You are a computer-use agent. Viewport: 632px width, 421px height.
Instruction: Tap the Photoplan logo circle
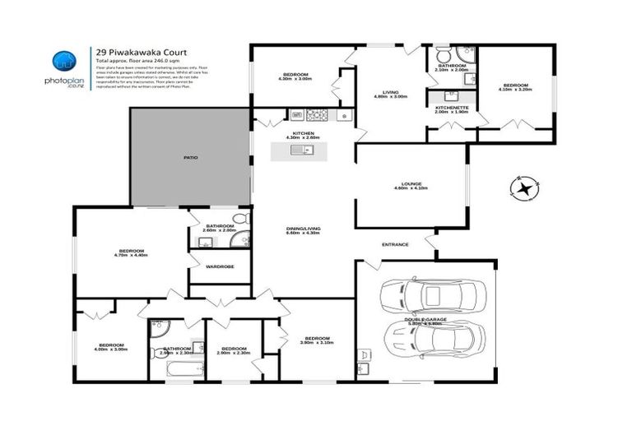(63, 60)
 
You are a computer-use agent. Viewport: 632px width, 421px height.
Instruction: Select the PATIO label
(190, 157)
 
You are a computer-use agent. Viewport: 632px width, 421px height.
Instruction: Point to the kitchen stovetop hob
(317, 114)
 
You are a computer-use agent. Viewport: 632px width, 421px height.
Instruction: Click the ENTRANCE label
(395, 245)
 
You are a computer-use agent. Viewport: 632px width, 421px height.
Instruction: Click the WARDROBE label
(220, 266)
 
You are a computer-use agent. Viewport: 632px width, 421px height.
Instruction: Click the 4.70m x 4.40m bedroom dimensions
(131, 256)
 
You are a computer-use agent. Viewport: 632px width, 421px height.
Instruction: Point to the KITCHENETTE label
(452, 107)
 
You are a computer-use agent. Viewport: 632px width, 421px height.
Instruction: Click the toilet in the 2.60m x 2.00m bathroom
(236, 219)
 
